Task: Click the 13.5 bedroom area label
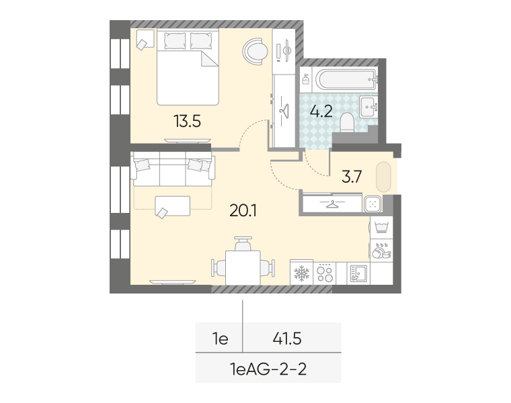[187, 122]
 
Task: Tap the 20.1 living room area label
[243, 211]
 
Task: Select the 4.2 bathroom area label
[321, 111]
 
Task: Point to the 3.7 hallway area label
[352, 177]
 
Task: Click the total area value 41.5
[287, 339]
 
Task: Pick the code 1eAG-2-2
[268, 369]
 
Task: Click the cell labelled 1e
[220, 339]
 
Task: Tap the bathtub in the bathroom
[346, 79]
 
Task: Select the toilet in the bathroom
[347, 123]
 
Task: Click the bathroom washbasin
[368, 106]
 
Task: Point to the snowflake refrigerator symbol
[301, 273]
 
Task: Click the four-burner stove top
[325, 273]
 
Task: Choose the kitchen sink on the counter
[358, 273]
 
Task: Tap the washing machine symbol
[381, 227]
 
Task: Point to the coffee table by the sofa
[172, 206]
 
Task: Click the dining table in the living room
[243, 267]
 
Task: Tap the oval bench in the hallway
[383, 177]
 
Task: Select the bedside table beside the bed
[145, 39]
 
